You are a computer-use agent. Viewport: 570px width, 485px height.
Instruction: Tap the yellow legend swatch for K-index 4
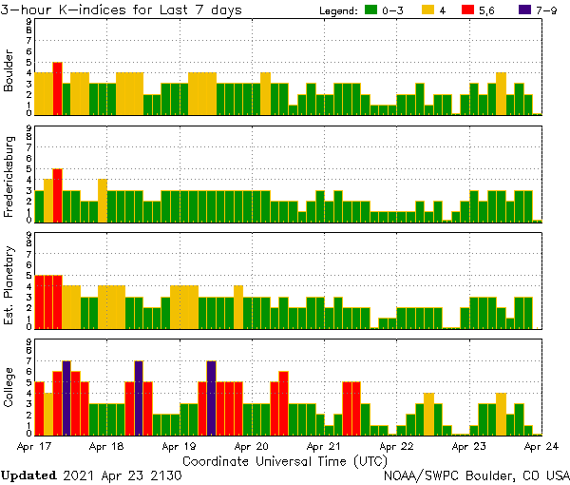(x=428, y=10)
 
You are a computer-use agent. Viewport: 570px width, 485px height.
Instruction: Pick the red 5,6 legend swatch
(x=481, y=10)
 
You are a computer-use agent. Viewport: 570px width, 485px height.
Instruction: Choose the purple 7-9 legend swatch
(x=533, y=10)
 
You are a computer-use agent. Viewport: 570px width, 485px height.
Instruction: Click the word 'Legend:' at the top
(x=340, y=10)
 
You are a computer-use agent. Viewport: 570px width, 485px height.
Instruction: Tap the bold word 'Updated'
(x=30, y=475)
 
